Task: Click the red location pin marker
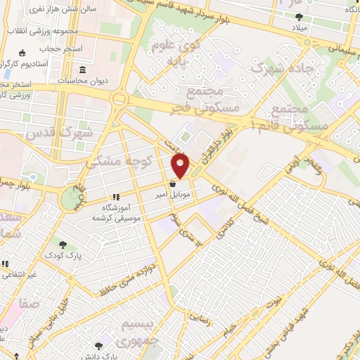click(x=181, y=167)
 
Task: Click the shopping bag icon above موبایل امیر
click(x=173, y=184)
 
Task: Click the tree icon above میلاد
click(x=299, y=18)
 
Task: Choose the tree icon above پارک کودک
click(x=63, y=245)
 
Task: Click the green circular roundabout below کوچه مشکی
click(x=71, y=199)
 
